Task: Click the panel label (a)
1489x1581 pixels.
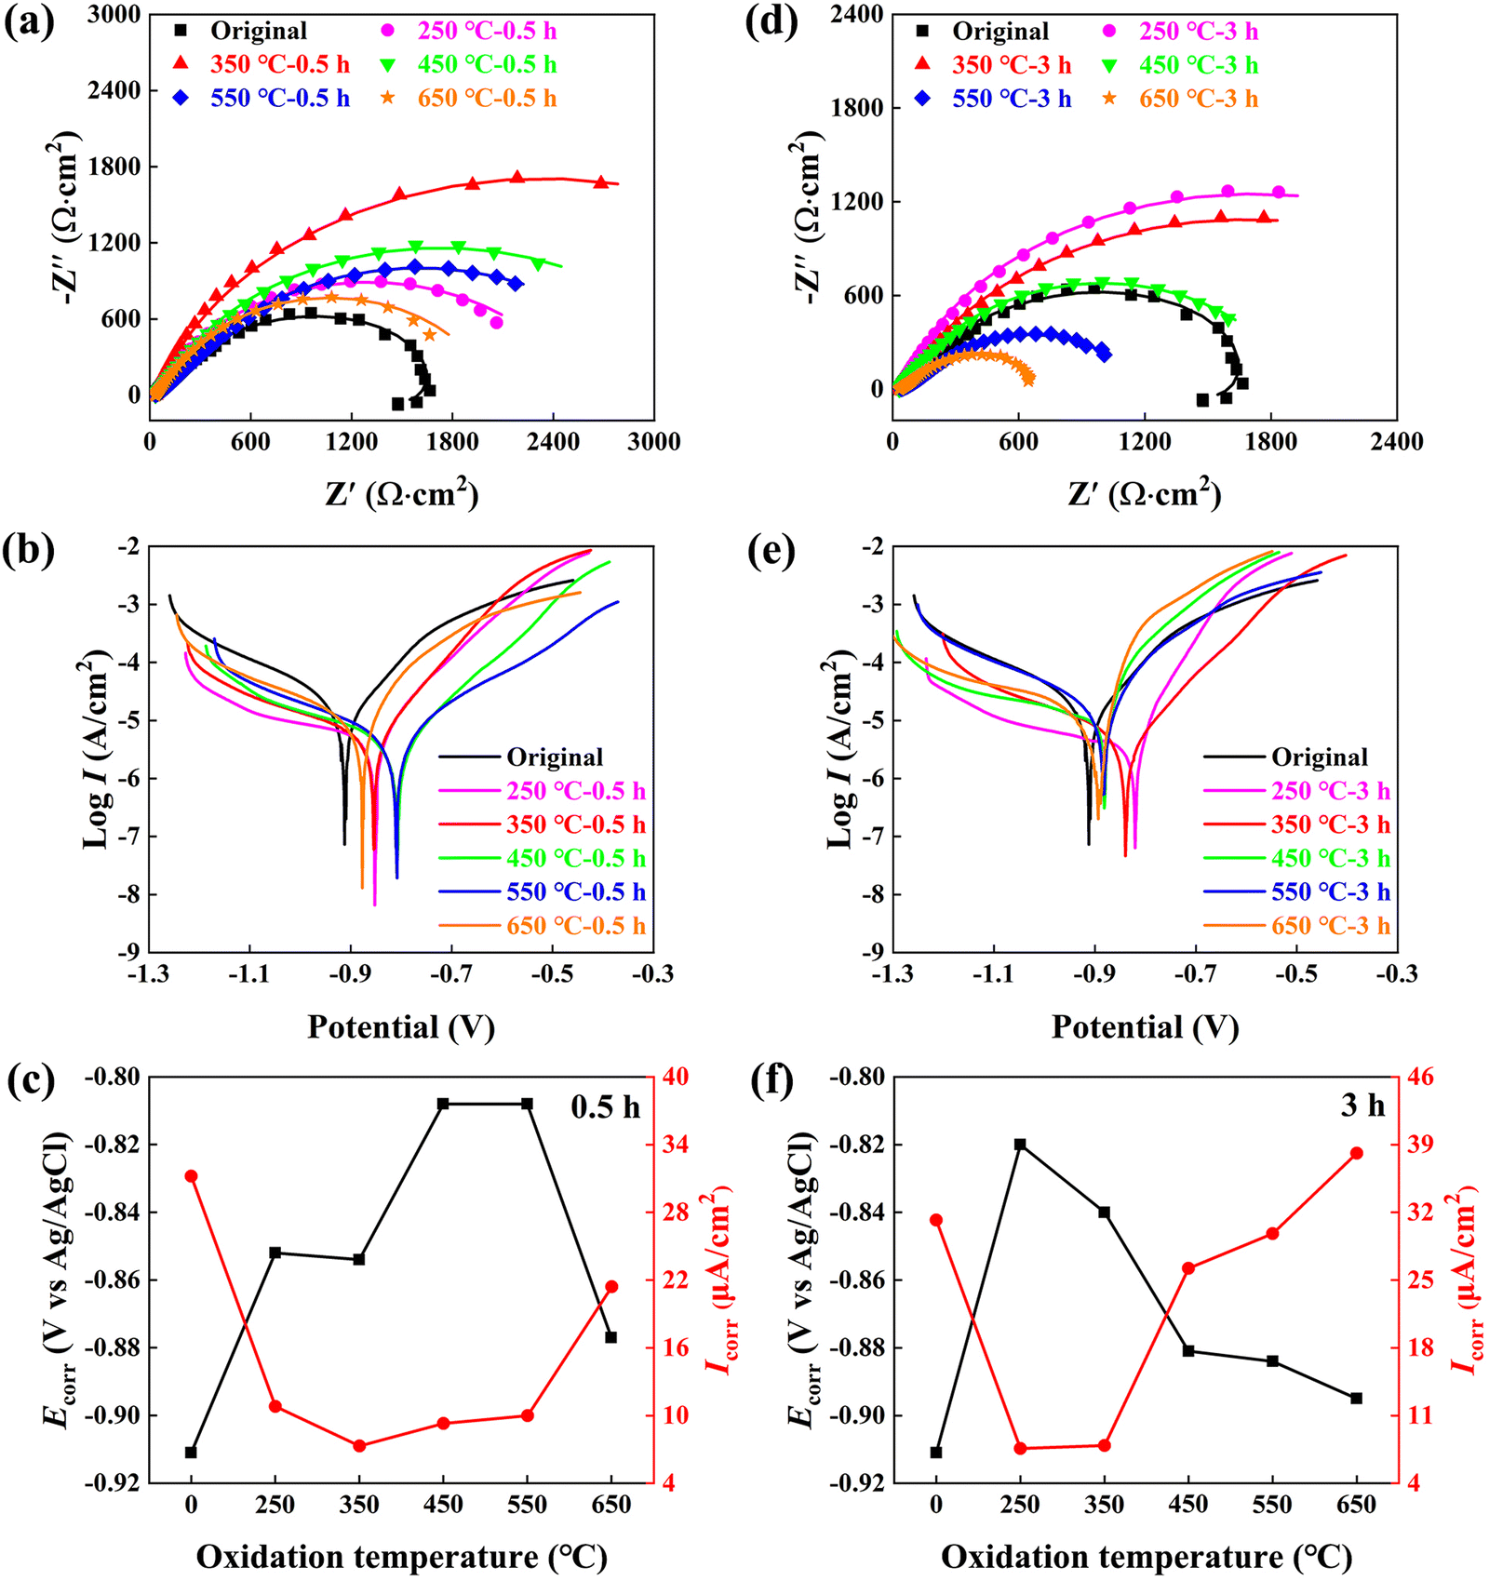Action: pyautogui.click(x=29, y=22)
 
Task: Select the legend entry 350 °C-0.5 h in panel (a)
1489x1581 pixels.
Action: pyautogui.click(x=279, y=64)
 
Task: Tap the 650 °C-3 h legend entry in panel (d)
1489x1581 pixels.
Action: pyautogui.click(x=1199, y=99)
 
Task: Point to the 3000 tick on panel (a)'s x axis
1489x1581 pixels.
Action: pyautogui.click(x=653, y=442)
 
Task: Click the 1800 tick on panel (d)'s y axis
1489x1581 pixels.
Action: pyautogui.click(x=857, y=108)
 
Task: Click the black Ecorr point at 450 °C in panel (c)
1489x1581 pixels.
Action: pyautogui.click(x=443, y=1104)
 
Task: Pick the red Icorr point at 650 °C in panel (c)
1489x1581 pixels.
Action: pyautogui.click(x=611, y=1287)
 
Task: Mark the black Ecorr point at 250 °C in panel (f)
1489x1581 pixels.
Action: pyautogui.click(x=1020, y=1145)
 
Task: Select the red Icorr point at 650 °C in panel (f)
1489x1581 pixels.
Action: pyautogui.click(x=1356, y=1153)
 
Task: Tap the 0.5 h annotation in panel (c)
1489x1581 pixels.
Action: pyautogui.click(x=605, y=1106)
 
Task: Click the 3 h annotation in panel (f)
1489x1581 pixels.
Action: pyautogui.click(x=1362, y=1105)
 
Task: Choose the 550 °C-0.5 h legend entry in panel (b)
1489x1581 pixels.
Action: pyautogui.click(x=575, y=891)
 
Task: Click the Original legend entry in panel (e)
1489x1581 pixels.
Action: pyautogui.click(x=1320, y=757)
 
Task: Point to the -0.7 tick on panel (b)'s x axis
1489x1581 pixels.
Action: pyautogui.click(x=451, y=973)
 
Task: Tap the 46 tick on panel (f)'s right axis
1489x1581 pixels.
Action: pyautogui.click(x=1421, y=1078)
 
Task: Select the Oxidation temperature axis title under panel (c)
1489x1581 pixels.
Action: pyautogui.click(x=401, y=1557)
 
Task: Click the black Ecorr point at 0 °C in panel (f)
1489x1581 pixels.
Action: pyautogui.click(x=936, y=1453)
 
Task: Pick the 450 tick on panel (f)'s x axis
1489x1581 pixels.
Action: pyautogui.click(x=1188, y=1505)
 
